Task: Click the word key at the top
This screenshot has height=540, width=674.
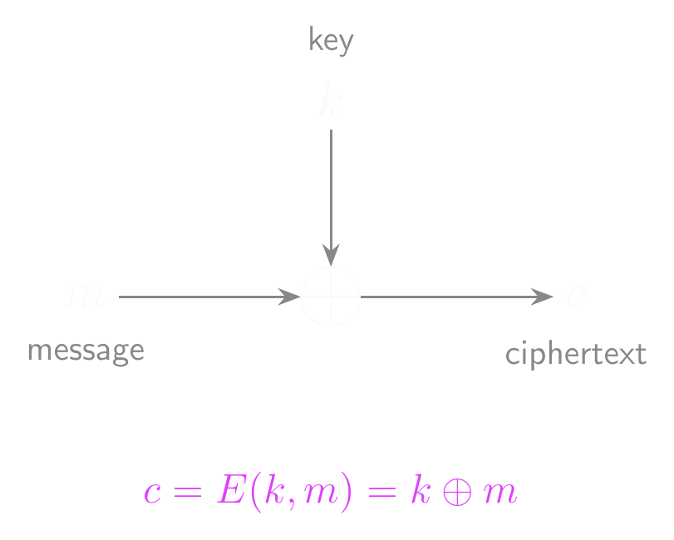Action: pyautogui.click(x=331, y=40)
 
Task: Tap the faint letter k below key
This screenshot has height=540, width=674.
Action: pyautogui.click(x=330, y=104)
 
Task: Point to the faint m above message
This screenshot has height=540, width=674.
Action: pyautogui.click(x=84, y=297)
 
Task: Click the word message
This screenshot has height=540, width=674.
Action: pyautogui.click(x=86, y=351)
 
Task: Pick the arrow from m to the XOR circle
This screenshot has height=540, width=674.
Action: pyautogui.click(x=209, y=297)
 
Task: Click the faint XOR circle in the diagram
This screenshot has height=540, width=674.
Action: pyautogui.click(x=331, y=297)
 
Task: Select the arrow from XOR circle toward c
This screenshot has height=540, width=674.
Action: pyautogui.click(x=456, y=297)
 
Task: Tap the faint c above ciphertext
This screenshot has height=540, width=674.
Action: pyautogui.click(x=576, y=297)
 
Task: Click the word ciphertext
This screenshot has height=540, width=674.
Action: pyautogui.click(x=575, y=355)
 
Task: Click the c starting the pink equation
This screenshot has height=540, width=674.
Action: pyautogui.click(x=151, y=493)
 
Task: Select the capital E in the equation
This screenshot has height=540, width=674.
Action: pyautogui.click(x=228, y=491)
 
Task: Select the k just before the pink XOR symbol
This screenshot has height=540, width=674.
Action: pyautogui.click(x=418, y=491)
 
